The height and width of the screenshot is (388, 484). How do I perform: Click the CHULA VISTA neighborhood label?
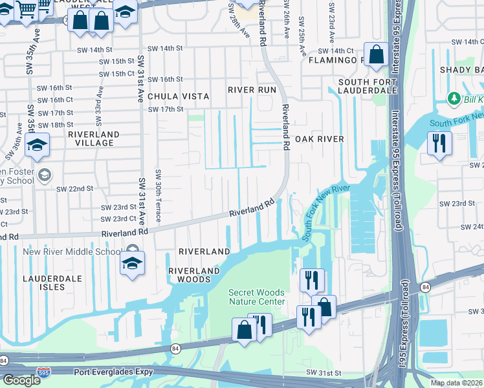tap(178, 96)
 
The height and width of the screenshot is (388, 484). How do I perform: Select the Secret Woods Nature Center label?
tap(256, 297)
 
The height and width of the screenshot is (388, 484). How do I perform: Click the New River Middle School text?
tap(71, 252)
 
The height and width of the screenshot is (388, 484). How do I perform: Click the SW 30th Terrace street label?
tap(158, 194)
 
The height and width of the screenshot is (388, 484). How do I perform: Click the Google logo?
tap(21, 380)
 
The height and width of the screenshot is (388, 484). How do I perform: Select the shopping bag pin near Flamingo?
tap(376, 54)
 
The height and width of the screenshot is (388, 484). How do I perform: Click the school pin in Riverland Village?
tap(38, 145)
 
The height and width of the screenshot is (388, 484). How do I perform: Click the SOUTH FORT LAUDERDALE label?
tap(367, 86)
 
